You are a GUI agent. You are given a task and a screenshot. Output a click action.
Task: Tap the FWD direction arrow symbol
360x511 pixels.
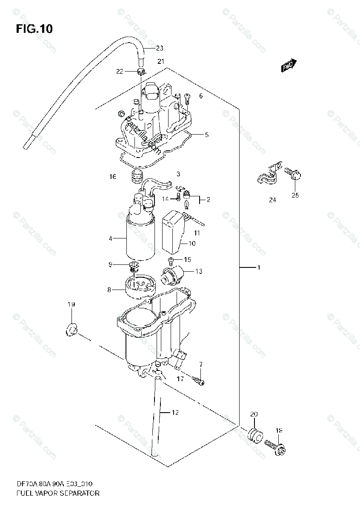tap(288, 64)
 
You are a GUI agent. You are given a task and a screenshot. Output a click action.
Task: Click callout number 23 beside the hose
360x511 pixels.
tap(160, 48)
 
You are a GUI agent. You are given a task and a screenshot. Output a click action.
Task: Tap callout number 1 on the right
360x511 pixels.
tap(258, 267)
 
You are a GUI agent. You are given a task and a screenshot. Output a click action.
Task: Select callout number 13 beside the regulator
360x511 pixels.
tap(199, 271)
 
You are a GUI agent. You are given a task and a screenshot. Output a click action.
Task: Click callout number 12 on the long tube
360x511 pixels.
tap(175, 412)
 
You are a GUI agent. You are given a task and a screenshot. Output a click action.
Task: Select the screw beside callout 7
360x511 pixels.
tap(197, 379)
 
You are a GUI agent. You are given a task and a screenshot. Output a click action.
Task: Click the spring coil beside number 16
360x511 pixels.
tap(136, 175)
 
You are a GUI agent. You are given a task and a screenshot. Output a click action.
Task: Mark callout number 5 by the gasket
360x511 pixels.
tap(206, 135)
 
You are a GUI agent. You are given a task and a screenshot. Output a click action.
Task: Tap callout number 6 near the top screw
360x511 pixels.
tap(200, 96)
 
